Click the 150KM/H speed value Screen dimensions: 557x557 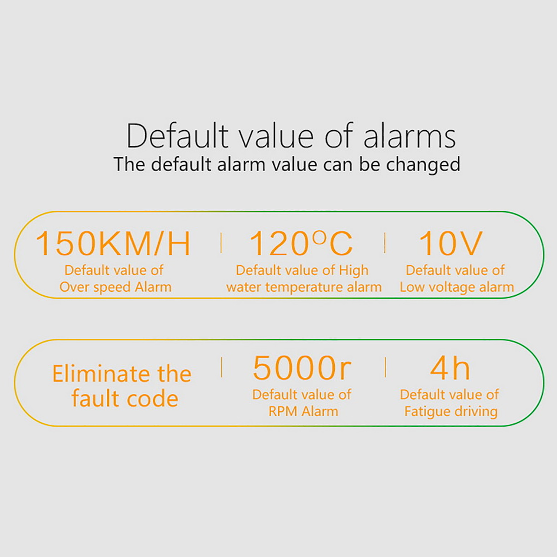[113, 243]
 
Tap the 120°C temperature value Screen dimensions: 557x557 [301, 243]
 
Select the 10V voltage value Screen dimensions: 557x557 [451, 243]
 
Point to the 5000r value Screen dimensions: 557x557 [302, 368]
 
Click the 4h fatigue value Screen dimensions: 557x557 [450, 368]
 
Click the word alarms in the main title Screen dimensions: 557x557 [409, 136]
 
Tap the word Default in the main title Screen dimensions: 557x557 [177, 136]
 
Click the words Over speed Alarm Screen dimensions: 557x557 [115, 287]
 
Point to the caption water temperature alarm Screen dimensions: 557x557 [304, 287]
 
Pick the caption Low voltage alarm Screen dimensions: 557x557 [457, 287]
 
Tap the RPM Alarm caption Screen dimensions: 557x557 [303, 411]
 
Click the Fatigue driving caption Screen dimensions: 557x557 [451, 412]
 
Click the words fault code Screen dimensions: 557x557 [125, 398]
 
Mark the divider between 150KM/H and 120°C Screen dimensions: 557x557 [221, 243]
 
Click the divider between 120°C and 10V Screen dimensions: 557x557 [385, 243]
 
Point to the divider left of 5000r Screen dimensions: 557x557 [222, 367]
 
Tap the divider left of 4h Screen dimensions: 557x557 [385, 367]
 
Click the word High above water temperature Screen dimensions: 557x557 [354, 270]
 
